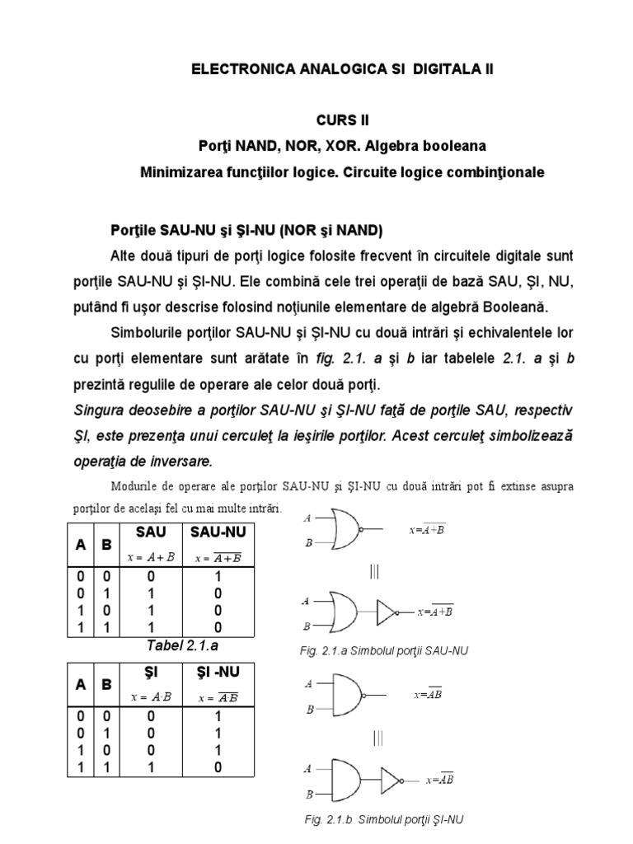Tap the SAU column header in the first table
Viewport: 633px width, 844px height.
tap(152, 533)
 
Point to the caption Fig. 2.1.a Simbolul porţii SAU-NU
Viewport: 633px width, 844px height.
tap(383, 651)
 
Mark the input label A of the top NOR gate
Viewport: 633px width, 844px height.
tap(307, 518)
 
